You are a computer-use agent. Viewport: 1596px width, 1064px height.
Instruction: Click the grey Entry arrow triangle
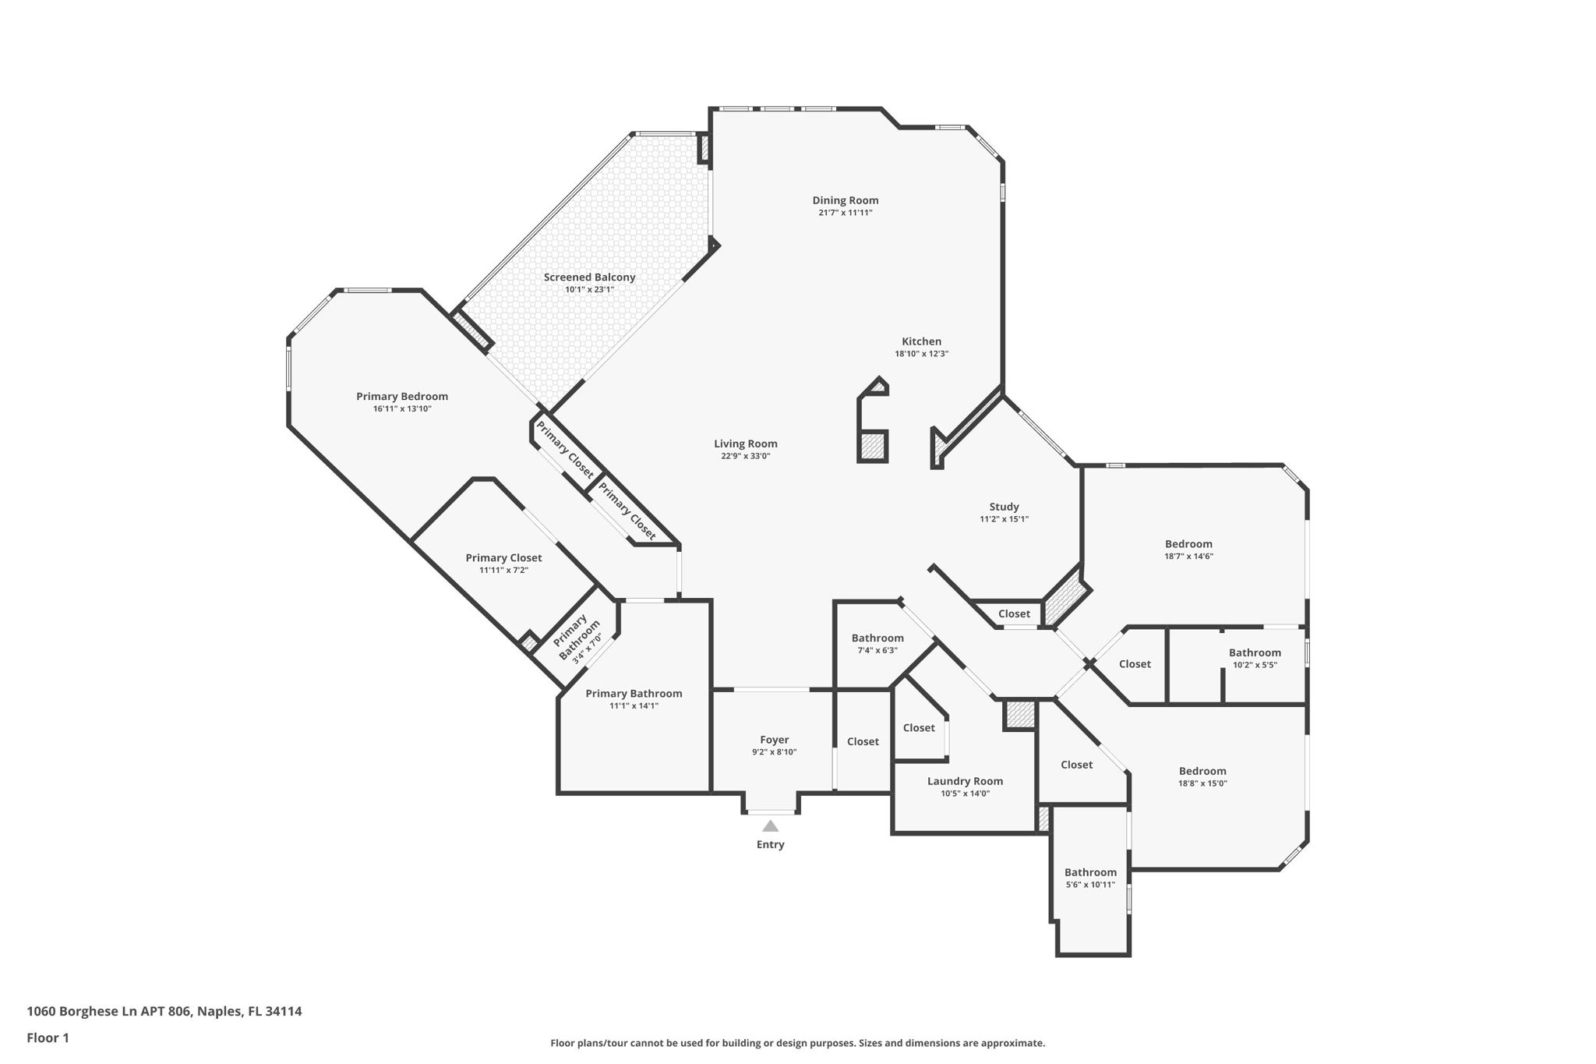click(770, 826)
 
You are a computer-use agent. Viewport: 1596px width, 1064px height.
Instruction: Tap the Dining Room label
click(845, 200)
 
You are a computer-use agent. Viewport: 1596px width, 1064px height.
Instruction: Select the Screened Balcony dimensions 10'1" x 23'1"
click(589, 290)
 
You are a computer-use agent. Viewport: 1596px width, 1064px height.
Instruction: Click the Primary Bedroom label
click(402, 396)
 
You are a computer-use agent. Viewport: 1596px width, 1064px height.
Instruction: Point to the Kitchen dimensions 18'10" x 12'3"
click(921, 354)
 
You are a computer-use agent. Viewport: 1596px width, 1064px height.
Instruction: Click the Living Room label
click(745, 444)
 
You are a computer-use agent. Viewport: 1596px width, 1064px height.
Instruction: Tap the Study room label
click(1004, 507)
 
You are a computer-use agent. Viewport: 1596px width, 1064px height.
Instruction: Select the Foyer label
click(774, 740)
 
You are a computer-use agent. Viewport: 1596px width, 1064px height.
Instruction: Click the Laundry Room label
click(965, 781)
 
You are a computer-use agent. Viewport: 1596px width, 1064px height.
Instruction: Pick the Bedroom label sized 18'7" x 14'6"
click(1188, 544)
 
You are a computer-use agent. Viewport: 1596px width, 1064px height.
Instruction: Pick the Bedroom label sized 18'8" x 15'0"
click(1202, 771)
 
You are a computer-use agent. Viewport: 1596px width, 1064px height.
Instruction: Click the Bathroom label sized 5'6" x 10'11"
click(1090, 872)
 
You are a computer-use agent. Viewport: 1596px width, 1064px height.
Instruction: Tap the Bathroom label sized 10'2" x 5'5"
click(1255, 652)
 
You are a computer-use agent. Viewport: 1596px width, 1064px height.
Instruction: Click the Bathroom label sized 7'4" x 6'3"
click(877, 638)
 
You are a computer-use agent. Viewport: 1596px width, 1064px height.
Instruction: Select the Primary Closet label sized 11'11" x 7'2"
click(503, 557)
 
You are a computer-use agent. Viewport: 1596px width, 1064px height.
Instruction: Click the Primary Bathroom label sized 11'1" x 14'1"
click(634, 693)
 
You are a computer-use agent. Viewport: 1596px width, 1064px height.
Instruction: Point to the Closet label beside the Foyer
click(863, 741)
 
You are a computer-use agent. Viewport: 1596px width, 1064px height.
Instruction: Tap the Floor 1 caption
click(48, 1037)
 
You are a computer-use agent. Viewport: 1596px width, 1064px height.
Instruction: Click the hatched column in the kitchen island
click(873, 447)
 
